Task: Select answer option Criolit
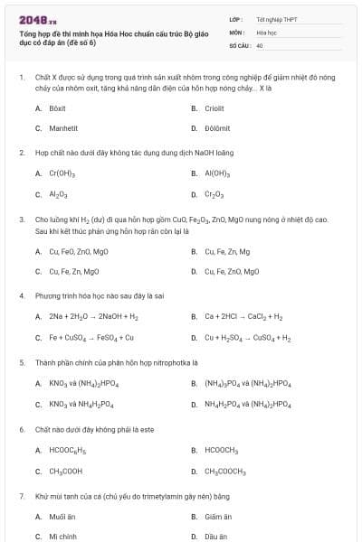[x=214, y=107]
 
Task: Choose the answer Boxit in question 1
[x=57, y=107]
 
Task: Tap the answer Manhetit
[x=62, y=128]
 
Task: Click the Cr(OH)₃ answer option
[x=62, y=173]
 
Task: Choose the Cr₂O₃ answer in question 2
[x=214, y=194]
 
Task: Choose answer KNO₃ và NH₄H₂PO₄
[x=81, y=404]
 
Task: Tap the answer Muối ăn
[x=60, y=517]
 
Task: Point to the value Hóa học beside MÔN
[x=266, y=32]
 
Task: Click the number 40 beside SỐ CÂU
[x=260, y=44]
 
